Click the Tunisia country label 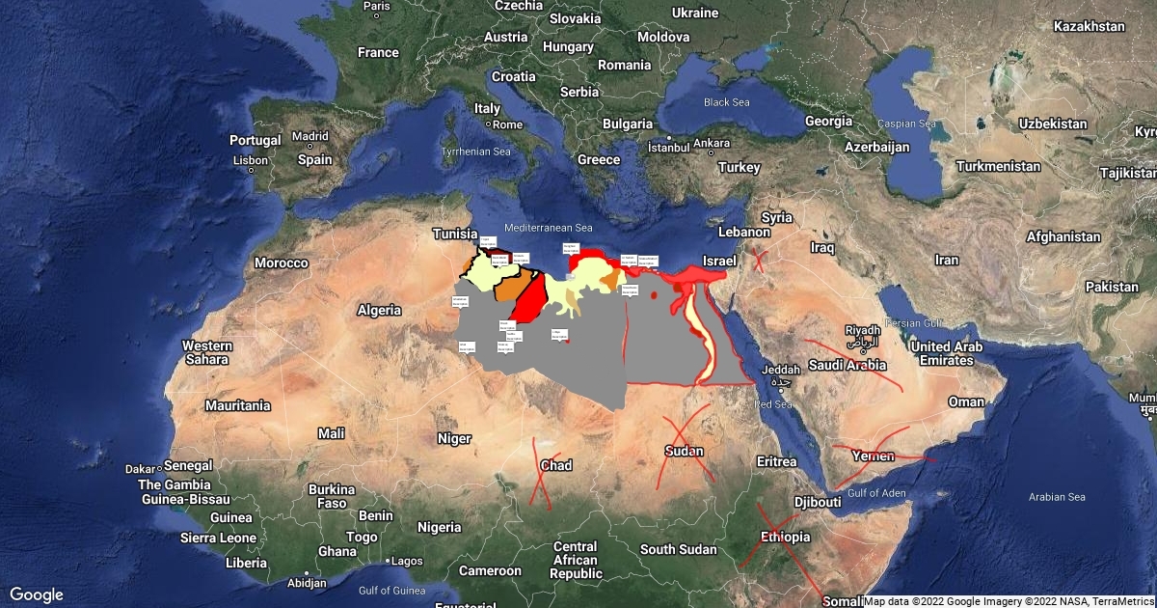click(454, 235)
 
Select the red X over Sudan click(686, 447)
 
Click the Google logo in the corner click(36, 594)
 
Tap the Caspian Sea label click(906, 124)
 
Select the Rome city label click(507, 124)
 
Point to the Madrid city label click(310, 136)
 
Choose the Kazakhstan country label click(1090, 27)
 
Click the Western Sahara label click(207, 352)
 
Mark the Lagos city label click(407, 560)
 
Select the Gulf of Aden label click(875, 493)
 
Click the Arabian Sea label click(1057, 497)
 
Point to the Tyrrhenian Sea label click(475, 152)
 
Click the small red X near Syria click(761, 260)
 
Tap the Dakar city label click(140, 469)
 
